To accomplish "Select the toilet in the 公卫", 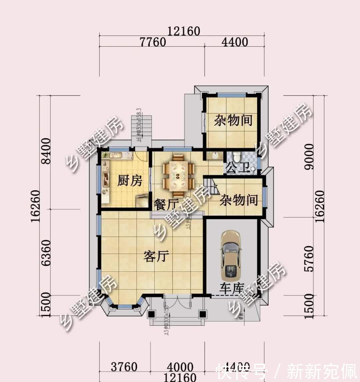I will [237, 156].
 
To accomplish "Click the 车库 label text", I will [232, 288].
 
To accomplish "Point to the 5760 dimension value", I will [309, 259].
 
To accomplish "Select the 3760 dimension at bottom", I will [124, 367].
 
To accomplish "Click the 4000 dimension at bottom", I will [180, 367].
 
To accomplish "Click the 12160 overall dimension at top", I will [184, 31].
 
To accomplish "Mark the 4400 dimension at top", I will [235, 42].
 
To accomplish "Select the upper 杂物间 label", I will [233, 120].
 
